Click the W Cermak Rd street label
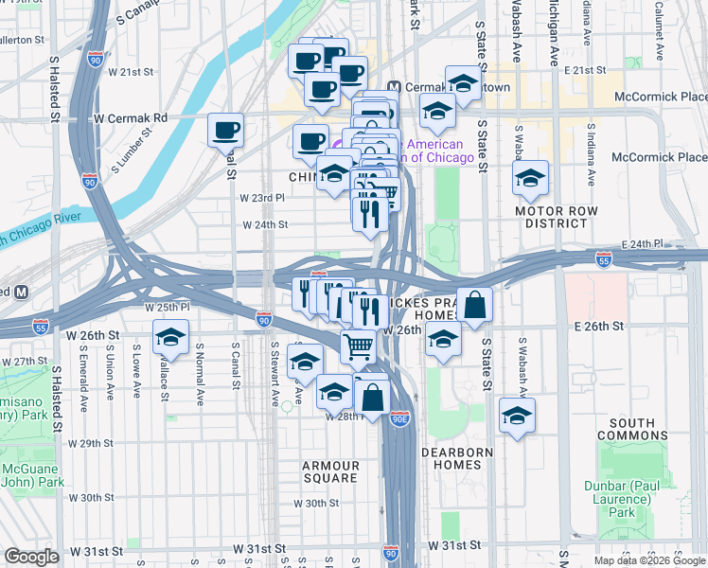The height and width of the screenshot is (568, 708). point(131,118)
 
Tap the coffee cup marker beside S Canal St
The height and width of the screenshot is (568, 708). point(225,131)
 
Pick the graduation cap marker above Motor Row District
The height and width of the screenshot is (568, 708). point(530,178)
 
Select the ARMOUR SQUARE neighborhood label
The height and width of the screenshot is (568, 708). point(330,471)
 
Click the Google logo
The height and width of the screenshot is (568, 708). point(32,557)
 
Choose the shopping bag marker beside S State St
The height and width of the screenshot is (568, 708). point(475,305)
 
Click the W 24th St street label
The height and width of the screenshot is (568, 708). point(264,225)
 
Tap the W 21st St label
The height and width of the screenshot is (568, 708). point(131,71)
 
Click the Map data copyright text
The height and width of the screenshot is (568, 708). point(649,560)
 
